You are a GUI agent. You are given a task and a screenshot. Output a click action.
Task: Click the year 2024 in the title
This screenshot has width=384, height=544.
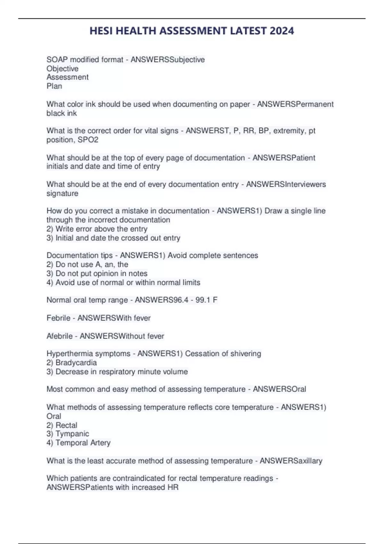coord(282,31)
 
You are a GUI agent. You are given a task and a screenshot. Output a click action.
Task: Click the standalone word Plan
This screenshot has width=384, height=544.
coord(54,86)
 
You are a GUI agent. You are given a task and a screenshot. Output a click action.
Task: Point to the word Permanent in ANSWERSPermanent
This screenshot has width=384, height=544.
coord(315,104)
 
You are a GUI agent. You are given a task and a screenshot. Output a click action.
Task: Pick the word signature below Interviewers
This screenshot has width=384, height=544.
coord(62,194)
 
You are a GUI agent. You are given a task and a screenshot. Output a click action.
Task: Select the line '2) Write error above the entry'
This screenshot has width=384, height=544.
coord(97,229)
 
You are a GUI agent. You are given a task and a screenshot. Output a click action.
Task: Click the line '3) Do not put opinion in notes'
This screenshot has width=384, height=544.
coord(97,274)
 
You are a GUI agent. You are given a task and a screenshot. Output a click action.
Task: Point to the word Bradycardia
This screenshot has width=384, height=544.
coord(76,363)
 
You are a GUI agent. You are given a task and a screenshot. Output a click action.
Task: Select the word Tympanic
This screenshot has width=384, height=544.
coord(72,434)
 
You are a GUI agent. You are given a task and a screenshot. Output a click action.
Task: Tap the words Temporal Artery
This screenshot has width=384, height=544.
coord(83,443)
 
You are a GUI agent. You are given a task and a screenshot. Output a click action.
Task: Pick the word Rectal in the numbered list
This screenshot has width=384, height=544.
coord(67,425)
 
